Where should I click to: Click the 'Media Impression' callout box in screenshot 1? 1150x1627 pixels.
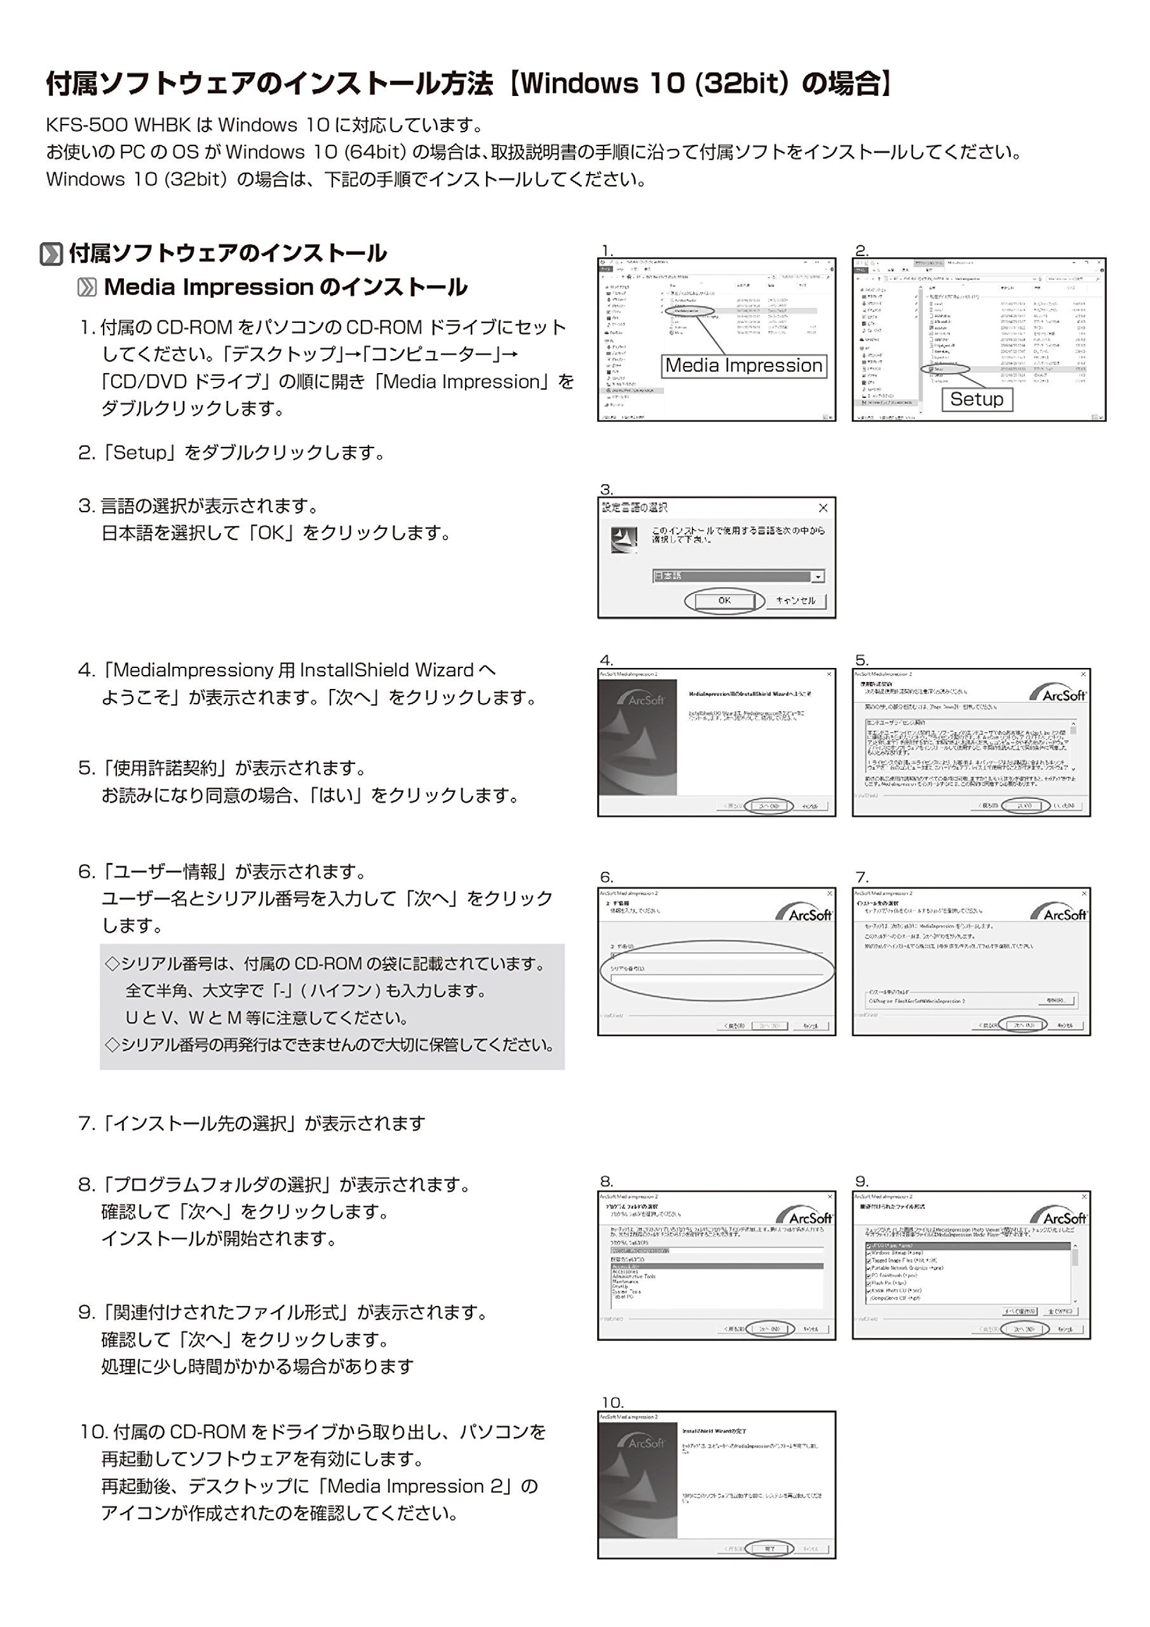click(x=743, y=365)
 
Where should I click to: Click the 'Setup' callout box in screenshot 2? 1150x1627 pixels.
click(x=977, y=399)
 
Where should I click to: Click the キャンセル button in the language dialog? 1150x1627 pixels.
click(x=795, y=600)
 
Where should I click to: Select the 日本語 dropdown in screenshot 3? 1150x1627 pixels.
click(x=738, y=576)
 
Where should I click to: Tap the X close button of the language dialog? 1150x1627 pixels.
click(x=823, y=507)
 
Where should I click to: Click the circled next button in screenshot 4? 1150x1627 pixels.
click(x=769, y=806)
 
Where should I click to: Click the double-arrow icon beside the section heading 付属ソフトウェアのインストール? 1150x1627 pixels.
click(x=51, y=254)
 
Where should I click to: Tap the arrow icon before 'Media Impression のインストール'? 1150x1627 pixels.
click(x=86, y=287)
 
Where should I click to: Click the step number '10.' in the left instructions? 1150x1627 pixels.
click(x=93, y=1432)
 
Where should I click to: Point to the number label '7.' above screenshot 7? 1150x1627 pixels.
click(x=862, y=877)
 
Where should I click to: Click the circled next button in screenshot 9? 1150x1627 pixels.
click(x=1024, y=1329)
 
